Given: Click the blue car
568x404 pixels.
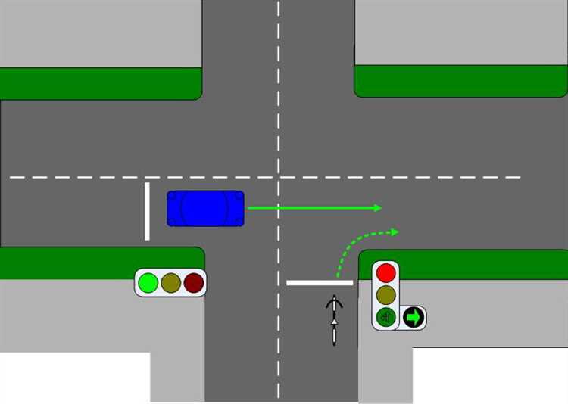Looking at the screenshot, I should point(205,208).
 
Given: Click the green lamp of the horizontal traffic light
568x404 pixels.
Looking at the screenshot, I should point(148,283).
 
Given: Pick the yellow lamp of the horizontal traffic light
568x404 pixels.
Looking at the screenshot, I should point(171,283).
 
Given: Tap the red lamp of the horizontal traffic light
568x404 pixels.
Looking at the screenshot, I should point(194,283).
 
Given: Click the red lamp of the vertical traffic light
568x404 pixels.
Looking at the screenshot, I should point(386,272).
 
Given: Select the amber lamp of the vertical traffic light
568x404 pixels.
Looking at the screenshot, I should point(386,294).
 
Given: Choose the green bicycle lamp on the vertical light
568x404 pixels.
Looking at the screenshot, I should point(386,316).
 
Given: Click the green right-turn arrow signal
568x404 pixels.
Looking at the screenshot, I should point(413,317).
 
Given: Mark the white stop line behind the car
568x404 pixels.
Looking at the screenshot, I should point(147,211).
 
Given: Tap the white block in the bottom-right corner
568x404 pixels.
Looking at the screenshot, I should point(489,375).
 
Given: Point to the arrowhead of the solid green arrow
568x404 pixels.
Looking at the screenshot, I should point(376,207).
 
